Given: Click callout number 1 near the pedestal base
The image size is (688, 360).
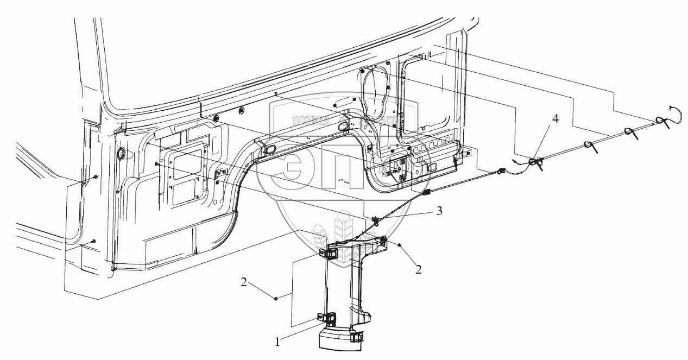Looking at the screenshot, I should (277, 342).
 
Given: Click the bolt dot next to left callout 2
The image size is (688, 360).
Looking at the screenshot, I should (276, 298).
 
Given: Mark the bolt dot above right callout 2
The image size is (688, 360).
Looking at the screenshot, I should (401, 245).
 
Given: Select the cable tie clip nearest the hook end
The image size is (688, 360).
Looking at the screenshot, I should (660, 122).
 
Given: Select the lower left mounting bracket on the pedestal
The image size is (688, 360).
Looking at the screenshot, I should (325, 319).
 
